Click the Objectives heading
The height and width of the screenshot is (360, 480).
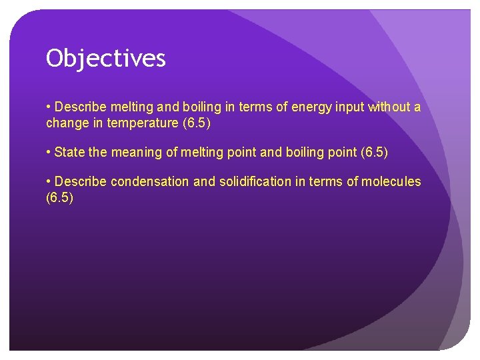click(x=105, y=59)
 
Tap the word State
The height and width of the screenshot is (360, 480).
click(x=69, y=153)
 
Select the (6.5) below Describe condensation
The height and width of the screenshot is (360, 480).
click(x=59, y=197)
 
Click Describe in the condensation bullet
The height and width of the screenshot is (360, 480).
click(x=81, y=182)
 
